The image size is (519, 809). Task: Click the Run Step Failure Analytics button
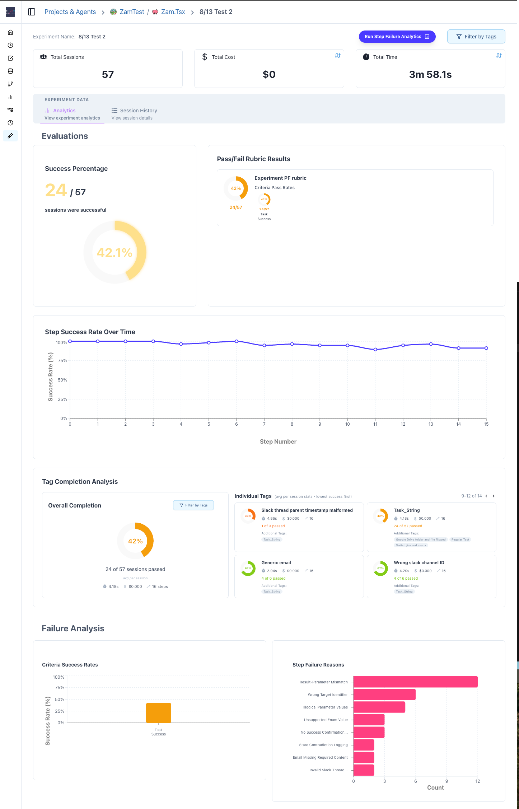point(397,37)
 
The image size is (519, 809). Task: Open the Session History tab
point(138,111)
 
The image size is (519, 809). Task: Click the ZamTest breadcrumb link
point(131,12)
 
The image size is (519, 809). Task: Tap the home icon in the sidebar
point(10,32)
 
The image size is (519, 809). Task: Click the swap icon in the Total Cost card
point(337,56)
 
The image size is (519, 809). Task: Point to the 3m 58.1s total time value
point(430,74)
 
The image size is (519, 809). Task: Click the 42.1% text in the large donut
point(114,253)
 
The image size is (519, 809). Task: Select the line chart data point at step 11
point(375,349)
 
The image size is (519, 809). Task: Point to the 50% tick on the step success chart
point(62,380)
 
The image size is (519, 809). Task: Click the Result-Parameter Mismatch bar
point(415,682)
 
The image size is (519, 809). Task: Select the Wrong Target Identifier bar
point(384,695)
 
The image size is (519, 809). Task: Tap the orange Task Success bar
point(158,713)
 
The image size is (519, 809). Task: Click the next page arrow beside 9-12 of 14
point(494,496)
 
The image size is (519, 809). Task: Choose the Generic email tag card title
point(276,562)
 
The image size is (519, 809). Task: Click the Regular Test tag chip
point(460,539)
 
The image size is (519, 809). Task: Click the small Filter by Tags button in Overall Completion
point(193,505)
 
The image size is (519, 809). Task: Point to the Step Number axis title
point(278,441)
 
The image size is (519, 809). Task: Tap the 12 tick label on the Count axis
point(477,781)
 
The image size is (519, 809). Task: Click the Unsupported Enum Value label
point(326,720)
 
